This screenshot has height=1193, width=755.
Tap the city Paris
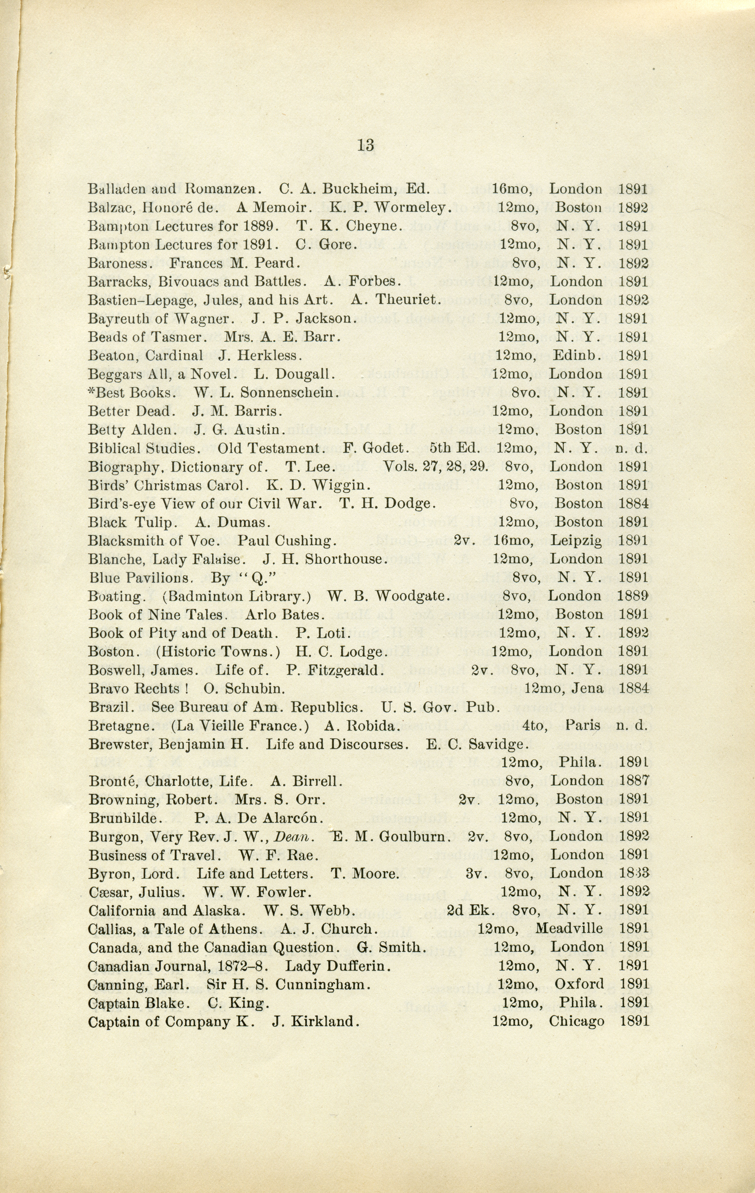(x=582, y=725)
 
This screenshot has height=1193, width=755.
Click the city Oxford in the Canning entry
(x=579, y=984)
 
